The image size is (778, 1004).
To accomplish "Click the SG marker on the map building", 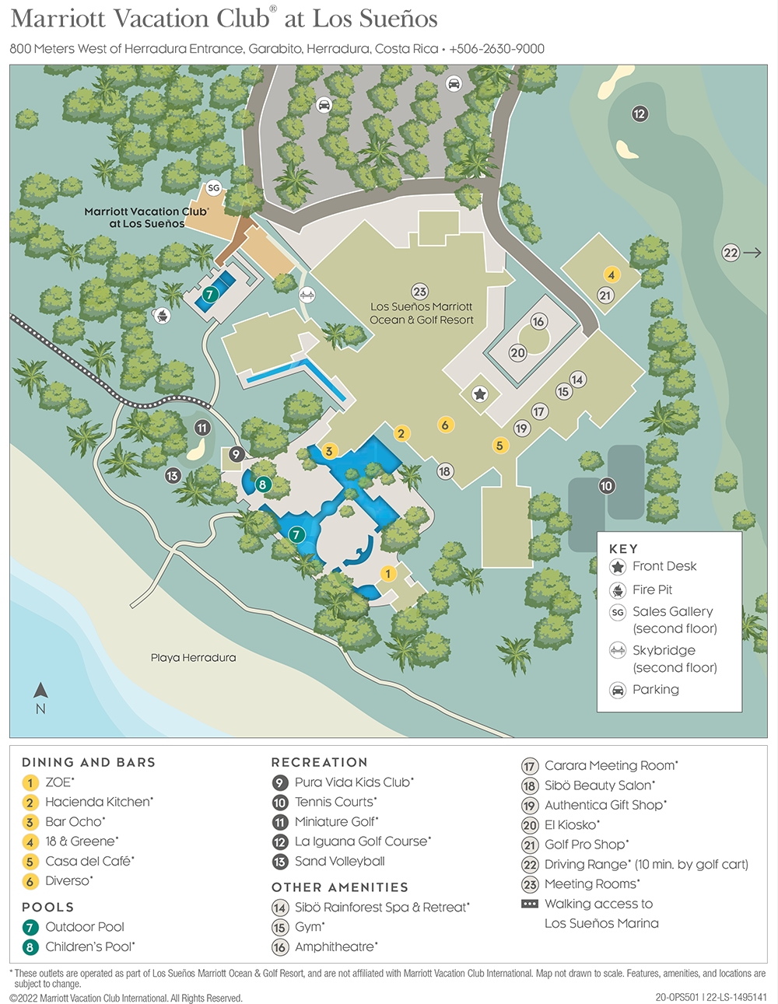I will coord(213,188).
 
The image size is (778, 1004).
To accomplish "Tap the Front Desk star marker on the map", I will coord(480,395).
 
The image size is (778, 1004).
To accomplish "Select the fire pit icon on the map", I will coord(163,315).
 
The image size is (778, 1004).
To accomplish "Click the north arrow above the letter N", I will coord(41,691).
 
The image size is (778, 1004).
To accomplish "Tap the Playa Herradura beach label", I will coord(193,658).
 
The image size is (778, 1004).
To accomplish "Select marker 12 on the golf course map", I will coord(640,114).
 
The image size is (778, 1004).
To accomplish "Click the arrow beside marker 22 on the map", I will coord(752,253).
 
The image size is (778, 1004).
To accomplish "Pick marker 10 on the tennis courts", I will coord(606,486).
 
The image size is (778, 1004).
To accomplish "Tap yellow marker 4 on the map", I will coord(612,275).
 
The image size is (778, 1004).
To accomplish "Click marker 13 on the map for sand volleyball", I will coord(173,475).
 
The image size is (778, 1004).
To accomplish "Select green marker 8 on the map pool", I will coord(262,485).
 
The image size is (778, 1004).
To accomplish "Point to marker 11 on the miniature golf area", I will coord(202,428).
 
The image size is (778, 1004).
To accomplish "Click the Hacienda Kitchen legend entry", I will coord(99,802).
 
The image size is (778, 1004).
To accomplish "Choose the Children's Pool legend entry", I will coord(89,946).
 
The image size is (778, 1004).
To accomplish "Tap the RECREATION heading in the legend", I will coord(319,762).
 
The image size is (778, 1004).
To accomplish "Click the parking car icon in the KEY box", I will coord(618,690).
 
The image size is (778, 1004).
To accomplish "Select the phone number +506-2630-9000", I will coord(496,49).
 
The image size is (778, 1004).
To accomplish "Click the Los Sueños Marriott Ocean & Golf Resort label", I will coord(421,313).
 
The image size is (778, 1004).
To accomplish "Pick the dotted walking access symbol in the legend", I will coord(530,904).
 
